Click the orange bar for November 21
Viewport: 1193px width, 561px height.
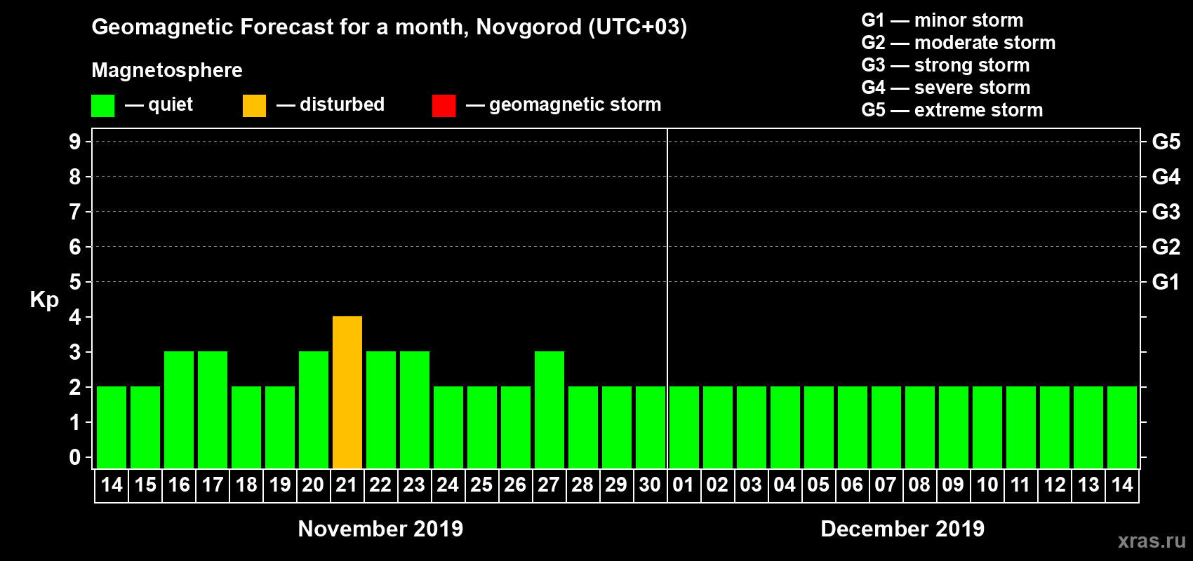coord(347,392)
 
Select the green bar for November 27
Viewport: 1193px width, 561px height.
coord(549,410)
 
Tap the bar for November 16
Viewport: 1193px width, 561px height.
coord(179,410)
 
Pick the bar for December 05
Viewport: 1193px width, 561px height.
coord(819,427)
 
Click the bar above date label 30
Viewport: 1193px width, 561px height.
coord(651,427)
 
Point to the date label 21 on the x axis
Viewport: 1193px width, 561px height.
coord(347,485)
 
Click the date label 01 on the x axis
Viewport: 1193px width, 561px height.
coord(684,485)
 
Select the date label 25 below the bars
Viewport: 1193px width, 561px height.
coord(481,485)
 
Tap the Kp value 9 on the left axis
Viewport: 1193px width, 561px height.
coord(75,142)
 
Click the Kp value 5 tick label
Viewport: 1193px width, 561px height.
coord(75,282)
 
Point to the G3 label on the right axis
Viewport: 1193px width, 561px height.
coord(1166,212)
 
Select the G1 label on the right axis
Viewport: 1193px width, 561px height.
coord(1166,282)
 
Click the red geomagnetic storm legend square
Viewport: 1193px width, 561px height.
coord(444,106)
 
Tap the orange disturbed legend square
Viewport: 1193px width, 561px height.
coord(254,106)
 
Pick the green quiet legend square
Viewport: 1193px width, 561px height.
coord(102,106)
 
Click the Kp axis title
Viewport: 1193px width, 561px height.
coord(44,299)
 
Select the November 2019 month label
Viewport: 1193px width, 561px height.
coord(380,529)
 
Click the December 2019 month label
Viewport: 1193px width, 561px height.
coord(902,529)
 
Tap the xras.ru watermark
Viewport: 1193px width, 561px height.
coord(1152,541)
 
